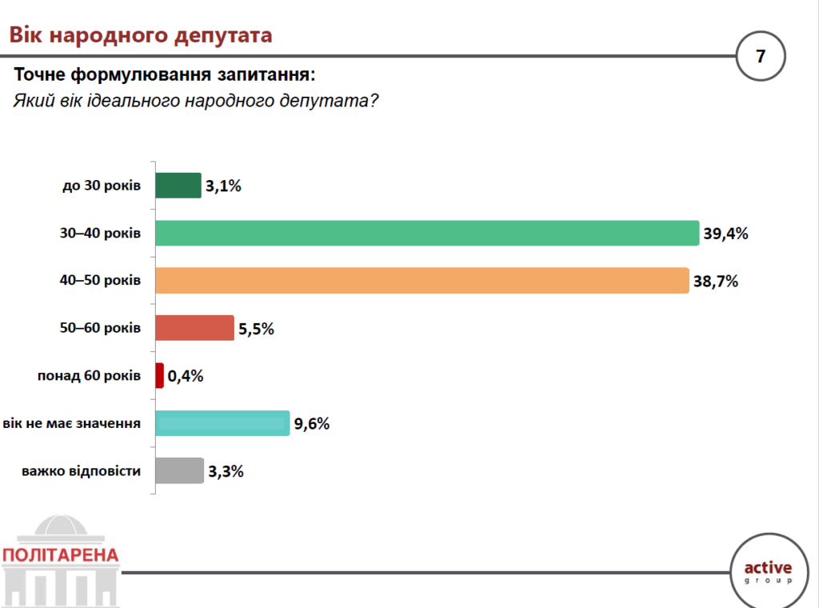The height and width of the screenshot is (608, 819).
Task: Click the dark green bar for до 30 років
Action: [178, 186]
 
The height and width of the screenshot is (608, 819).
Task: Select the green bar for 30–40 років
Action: [427, 233]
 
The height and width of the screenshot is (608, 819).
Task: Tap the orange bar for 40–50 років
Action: [421, 280]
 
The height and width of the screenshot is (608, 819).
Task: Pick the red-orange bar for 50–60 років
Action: [194, 328]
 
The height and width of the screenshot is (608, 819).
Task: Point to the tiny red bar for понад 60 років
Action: [160, 375]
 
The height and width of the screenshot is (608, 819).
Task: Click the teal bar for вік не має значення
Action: [222, 423]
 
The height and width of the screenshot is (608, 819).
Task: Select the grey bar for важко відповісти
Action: [179, 470]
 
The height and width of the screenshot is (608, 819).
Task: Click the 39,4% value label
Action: [725, 234]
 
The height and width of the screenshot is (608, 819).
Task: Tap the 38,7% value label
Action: [715, 281]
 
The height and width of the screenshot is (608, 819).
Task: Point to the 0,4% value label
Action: [186, 376]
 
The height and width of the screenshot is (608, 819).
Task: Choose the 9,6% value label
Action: [312, 424]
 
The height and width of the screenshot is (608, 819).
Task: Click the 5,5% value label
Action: [256, 329]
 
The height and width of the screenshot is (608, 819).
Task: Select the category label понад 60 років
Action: [90, 375]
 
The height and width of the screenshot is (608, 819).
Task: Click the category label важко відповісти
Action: [82, 470]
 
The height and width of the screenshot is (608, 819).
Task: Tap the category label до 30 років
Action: [102, 186]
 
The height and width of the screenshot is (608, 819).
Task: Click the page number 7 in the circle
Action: [761, 56]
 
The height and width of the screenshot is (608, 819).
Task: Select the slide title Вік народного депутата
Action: [141, 35]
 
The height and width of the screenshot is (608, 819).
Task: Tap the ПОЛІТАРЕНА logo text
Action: [61, 555]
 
